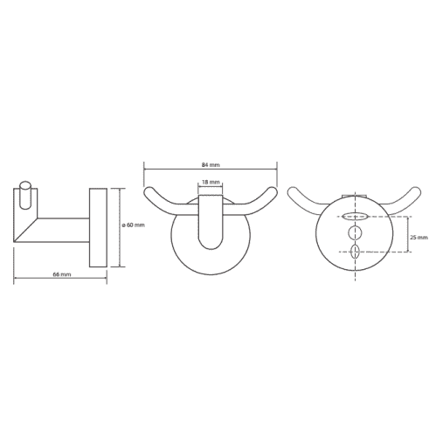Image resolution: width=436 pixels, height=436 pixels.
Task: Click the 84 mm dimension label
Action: (211, 165)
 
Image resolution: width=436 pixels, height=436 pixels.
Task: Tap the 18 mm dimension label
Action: (211, 183)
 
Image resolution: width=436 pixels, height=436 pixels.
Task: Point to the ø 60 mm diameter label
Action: (133, 225)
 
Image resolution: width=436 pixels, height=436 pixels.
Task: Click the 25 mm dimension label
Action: (419, 238)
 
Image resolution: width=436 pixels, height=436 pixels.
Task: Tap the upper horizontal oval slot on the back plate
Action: (355, 216)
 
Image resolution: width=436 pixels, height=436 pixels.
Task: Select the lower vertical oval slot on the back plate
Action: (355, 252)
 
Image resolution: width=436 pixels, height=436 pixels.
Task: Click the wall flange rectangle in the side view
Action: (98, 228)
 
